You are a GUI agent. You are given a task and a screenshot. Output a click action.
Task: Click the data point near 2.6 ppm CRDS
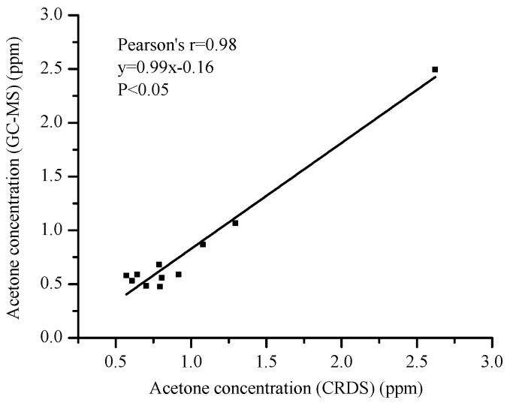435,69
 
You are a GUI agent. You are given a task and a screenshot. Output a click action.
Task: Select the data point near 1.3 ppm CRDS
235,223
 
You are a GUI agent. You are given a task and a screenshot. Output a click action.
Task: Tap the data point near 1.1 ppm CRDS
203,244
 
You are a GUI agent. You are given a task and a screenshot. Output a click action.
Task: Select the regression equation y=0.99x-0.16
166,68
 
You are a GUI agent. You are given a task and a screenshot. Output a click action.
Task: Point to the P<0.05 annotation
142,91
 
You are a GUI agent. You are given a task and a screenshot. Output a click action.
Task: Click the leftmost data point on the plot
126,275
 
